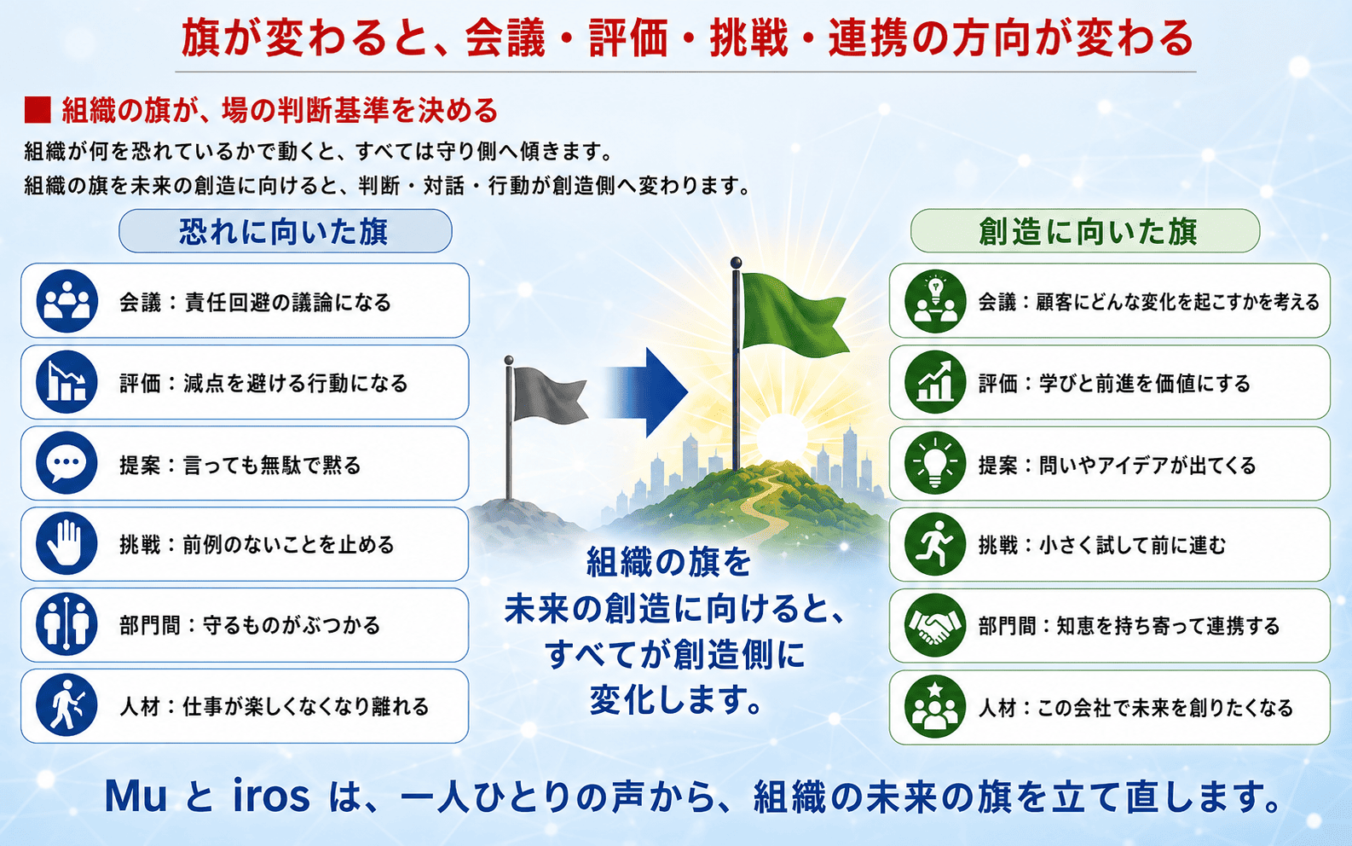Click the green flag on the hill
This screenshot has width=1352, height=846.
[x=792, y=313]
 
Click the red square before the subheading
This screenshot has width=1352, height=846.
[x=38, y=111]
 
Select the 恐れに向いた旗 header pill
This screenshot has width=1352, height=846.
[x=285, y=231]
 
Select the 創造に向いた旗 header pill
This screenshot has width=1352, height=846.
[x=1084, y=231]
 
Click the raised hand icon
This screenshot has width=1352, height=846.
[x=66, y=544]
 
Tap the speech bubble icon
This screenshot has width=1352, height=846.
[x=66, y=463]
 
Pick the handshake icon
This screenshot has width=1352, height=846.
[x=935, y=626]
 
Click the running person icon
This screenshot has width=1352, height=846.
[x=935, y=544]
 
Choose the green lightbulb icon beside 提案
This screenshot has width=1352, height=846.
[x=935, y=463]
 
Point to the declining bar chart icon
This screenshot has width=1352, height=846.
[x=66, y=382]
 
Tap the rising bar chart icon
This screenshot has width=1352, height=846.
[x=935, y=382]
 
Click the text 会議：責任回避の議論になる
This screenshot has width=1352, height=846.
[x=255, y=302]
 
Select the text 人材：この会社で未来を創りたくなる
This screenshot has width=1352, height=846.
[x=1135, y=707]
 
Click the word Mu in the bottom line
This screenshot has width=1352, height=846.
[x=136, y=797]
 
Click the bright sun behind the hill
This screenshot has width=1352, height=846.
[x=781, y=437]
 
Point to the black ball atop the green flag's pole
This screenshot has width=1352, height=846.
[x=736, y=263]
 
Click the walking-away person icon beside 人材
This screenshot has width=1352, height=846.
[x=66, y=705]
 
